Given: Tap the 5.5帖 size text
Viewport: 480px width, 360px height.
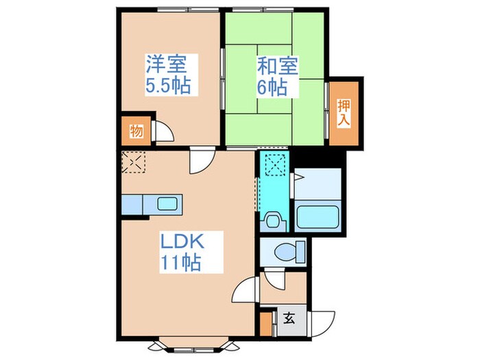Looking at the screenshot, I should [x=168, y=87].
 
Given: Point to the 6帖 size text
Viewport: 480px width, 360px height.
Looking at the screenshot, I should [x=272, y=88].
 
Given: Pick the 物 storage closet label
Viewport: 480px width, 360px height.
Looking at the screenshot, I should [x=136, y=131].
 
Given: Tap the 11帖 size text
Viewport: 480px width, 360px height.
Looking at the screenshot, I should [x=181, y=263].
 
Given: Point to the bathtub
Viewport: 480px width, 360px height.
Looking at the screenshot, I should [x=318, y=218].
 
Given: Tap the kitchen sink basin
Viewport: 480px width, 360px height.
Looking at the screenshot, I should [x=167, y=204].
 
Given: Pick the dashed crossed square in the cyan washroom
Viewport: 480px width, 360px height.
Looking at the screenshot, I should [x=276, y=165].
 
